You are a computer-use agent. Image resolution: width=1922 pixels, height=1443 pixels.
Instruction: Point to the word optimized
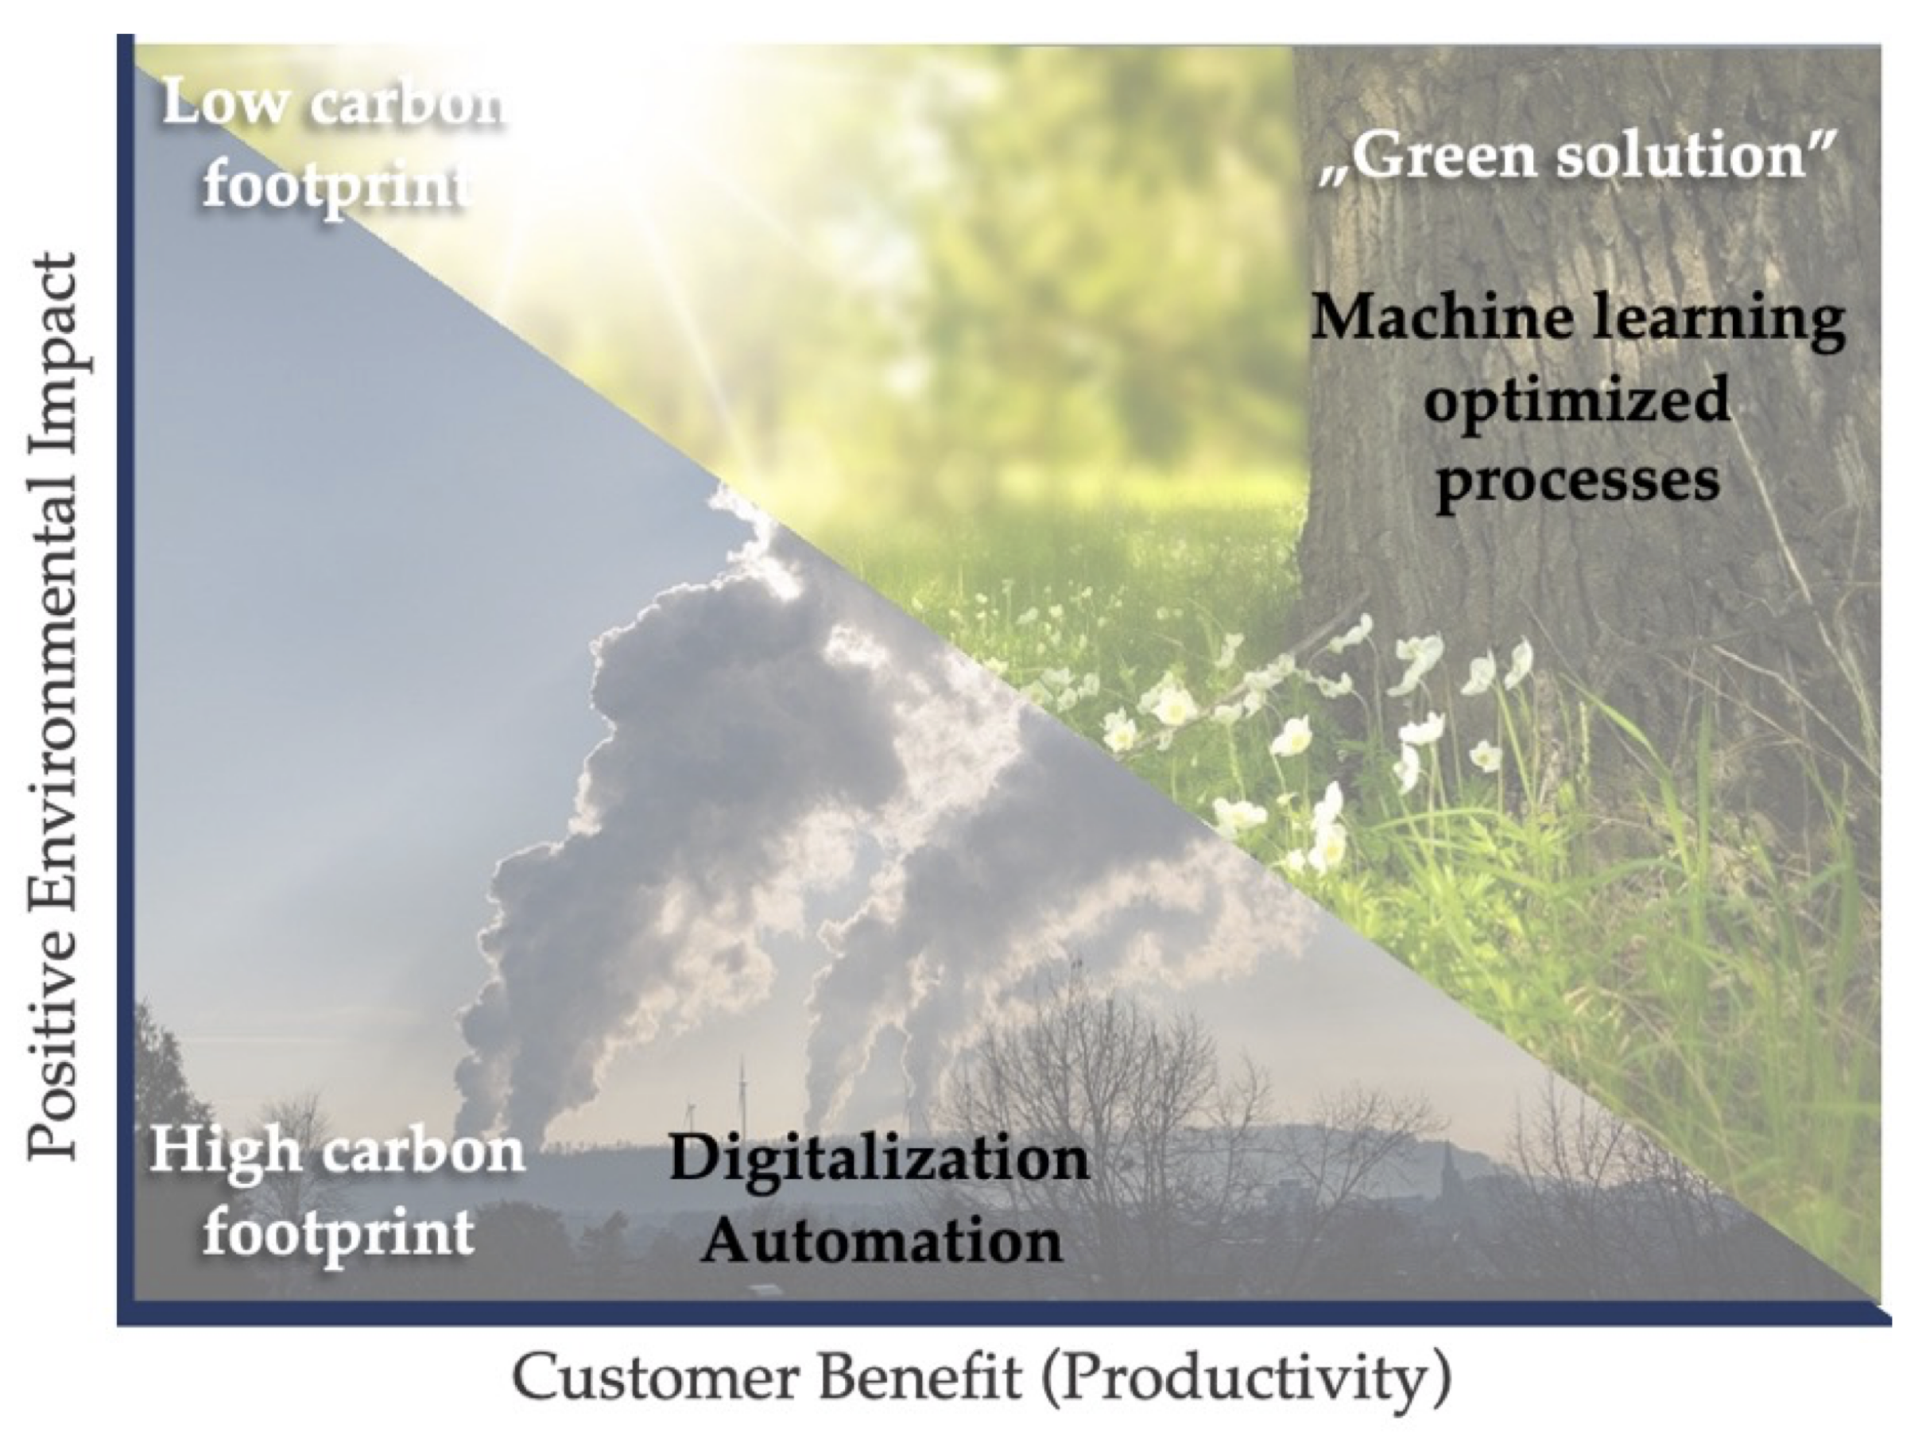click(1576, 400)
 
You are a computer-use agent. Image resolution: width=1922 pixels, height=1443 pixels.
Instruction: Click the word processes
click(1576, 481)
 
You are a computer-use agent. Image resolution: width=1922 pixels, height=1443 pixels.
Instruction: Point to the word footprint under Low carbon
click(337, 184)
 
